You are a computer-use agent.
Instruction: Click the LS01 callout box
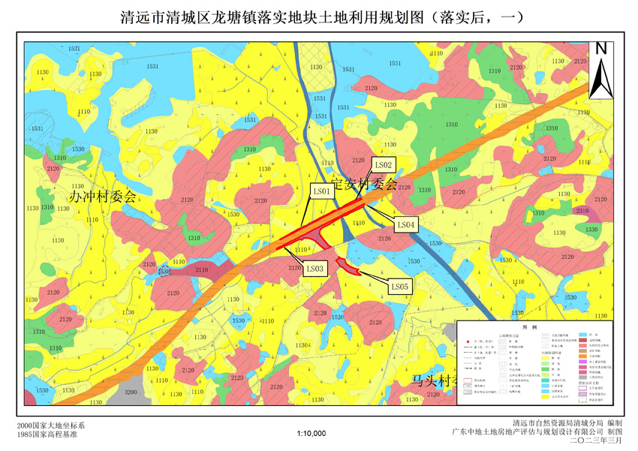[x=322, y=192]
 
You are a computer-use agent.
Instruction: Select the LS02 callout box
[x=383, y=164]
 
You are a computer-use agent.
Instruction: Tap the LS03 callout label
[x=315, y=268]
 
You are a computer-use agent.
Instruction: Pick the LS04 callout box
[x=405, y=224]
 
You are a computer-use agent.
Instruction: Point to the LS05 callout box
[x=399, y=286]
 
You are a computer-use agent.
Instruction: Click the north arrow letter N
[x=600, y=49]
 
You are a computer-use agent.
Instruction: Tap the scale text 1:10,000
[x=311, y=433]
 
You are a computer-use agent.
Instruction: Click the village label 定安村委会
[x=363, y=183]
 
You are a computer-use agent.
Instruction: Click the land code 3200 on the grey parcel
[x=130, y=392]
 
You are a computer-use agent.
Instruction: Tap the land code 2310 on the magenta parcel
[x=582, y=211]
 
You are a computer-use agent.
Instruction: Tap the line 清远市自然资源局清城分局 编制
[x=567, y=423]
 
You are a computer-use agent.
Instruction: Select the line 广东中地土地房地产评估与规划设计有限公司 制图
[x=537, y=432]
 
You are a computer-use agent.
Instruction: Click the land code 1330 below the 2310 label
[x=591, y=230]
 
